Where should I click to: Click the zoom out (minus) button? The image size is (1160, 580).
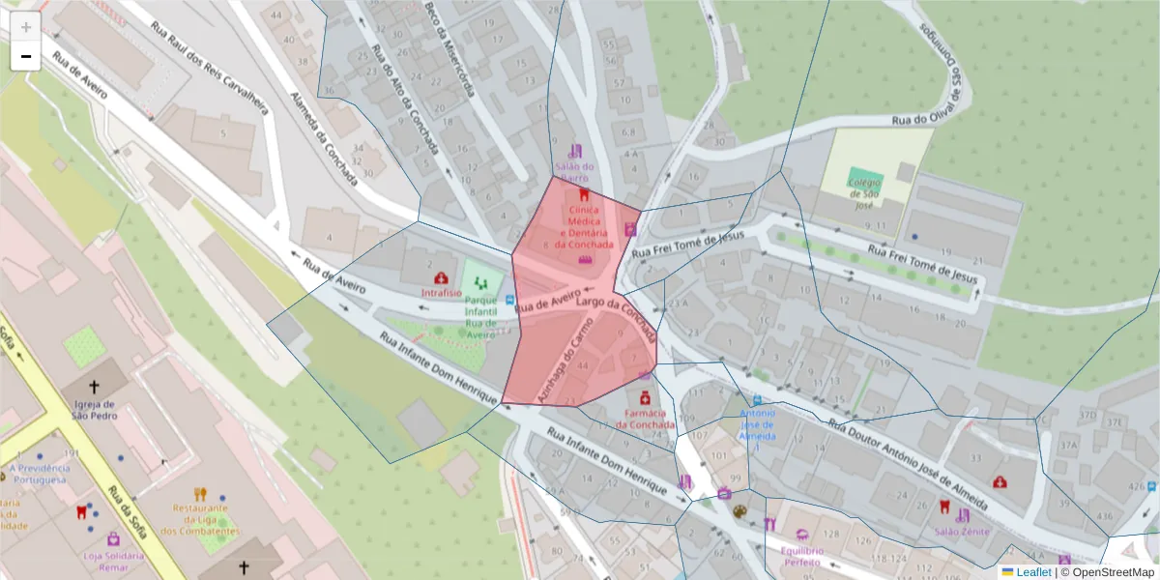(x=25, y=57)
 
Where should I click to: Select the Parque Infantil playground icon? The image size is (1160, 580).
(x=481, y=284)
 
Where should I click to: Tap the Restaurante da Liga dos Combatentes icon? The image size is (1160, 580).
(x=200, y=494)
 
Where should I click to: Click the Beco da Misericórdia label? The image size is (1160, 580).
(x=449, y=49)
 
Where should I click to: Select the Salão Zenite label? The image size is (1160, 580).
(x=961, y=532)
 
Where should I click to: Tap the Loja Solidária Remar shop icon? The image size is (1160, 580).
(x=114, y=539)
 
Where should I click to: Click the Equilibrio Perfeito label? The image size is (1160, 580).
(x=801, y=555)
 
